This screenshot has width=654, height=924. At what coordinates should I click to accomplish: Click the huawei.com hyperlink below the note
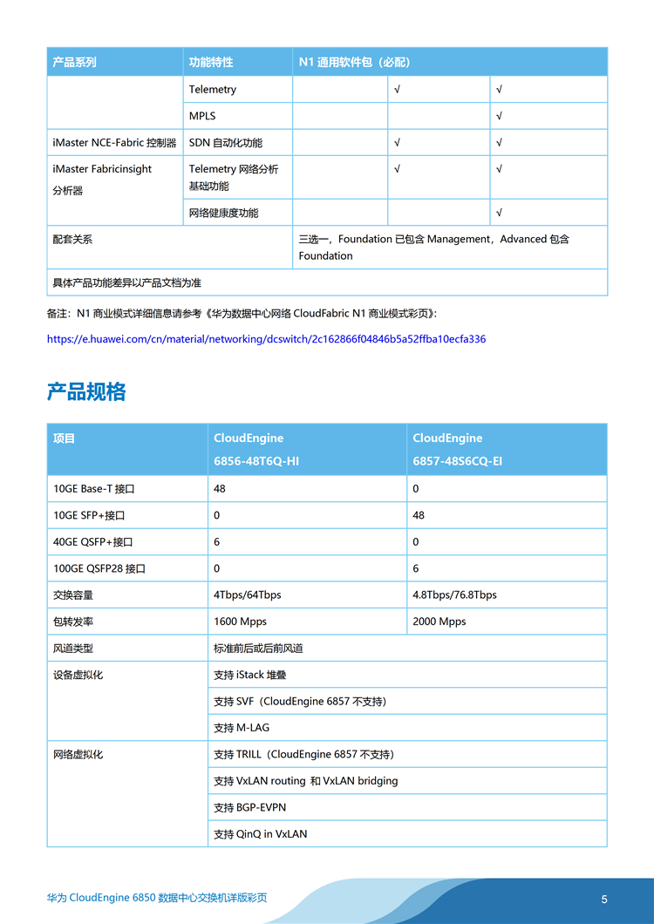pyautogui.click(x=266, y=339)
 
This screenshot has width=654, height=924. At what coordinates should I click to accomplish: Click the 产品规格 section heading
pyautogui.click(x=86, y=392)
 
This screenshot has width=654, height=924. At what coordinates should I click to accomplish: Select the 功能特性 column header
pyautogui.click(x=211, y=63)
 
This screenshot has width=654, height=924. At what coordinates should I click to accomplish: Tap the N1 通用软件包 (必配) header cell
pyautogui.click(x=354, y=63)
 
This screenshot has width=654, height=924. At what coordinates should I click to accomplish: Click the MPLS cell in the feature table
pyautogui.click(x=202, y=116)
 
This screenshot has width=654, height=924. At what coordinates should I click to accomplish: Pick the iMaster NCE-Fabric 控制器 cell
pyautogui.click(x=114, y=143)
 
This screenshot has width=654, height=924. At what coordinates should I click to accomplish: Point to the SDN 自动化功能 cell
pyautogui.click(x=225, y=143)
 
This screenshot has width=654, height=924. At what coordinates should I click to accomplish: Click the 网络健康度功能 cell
pyautogui.click(x=223, y=213)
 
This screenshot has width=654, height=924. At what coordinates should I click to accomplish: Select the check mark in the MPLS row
pyautogui.click(x=499, y=116)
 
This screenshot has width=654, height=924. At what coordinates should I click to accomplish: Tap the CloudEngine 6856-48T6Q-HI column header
pyautogui.click(x=256, y=449)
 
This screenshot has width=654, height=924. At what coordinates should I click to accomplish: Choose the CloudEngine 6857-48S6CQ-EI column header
pyautogui.click(x=457, y=449)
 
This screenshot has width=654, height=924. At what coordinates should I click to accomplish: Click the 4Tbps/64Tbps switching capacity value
pyautogui.click(x=248, y=595)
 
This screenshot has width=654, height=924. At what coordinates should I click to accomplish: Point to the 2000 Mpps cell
pyautogui.click(x=439, y=622)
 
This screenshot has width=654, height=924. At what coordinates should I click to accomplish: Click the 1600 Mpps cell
pyautogui.click(x=240, y=622)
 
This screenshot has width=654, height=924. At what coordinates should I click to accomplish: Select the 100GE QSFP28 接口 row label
pyautogui.click(x=99, y=568)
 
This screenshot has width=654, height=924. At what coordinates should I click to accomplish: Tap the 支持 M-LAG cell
pyautogui.click(x=242, y=728)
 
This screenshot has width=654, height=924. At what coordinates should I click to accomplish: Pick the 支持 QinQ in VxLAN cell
pyautogui.click(x=260, y=834)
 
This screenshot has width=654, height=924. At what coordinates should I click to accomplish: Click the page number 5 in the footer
pyautogui.click(x=604, y=900)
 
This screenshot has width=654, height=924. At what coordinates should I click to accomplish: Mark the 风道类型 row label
pyautogui.click(x=73, y=649)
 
